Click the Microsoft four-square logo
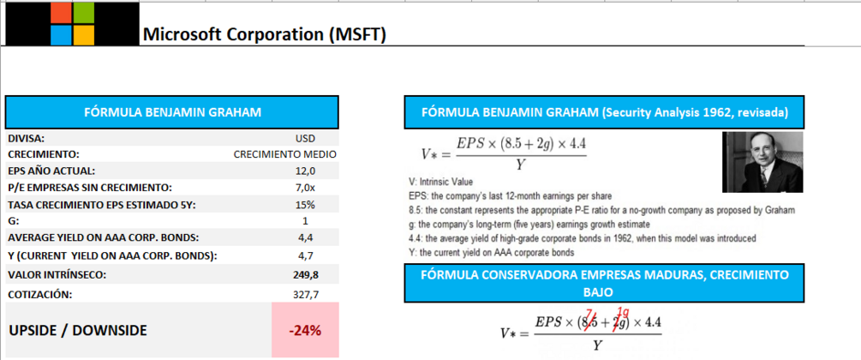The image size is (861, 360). [x=72, y=23]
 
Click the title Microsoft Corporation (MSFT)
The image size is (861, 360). [x=264, y=34]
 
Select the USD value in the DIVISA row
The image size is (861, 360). [x=304, y=138]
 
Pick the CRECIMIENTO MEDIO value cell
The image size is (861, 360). [x=284, y=154]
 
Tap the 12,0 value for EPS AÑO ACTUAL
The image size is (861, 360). [x=305, y=171]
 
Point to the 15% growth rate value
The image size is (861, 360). [x=304, y=205]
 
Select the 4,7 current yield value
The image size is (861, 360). [x=305, y=255]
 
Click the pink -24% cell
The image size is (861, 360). [x=304, y=330]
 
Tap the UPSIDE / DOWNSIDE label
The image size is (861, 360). [x=78, y=330]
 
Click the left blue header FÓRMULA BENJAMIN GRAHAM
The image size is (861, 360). [x=172, y=111]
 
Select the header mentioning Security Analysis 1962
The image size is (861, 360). [x=605, y=112]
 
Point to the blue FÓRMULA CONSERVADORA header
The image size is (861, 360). [x=605, y=283]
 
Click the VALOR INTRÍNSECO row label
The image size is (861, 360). [x=59, y=274]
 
